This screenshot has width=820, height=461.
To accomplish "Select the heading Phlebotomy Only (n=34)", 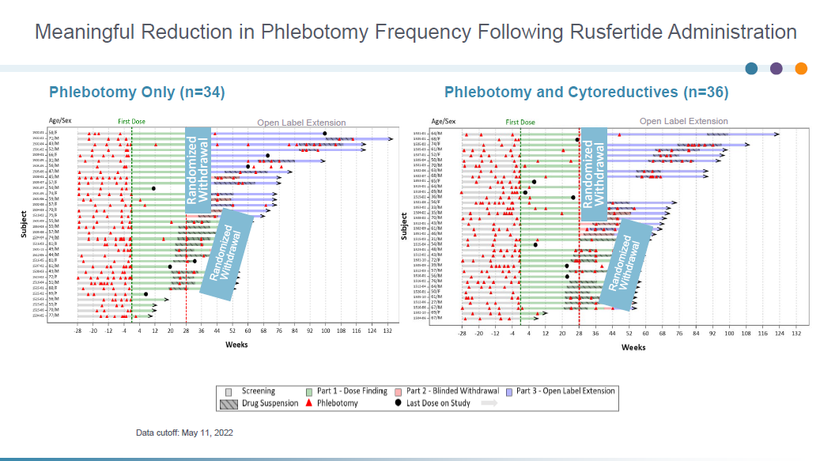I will [x=137, y=92].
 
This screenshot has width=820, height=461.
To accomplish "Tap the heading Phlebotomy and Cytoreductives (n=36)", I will [x=586, y=92].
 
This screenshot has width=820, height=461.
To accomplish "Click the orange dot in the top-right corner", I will [x=801, y=68].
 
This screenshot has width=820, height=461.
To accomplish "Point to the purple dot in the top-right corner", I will [x=776, y=68].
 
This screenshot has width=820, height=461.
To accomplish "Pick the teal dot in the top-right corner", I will [x=751, y=68].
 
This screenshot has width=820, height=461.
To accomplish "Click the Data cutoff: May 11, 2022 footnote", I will [x=184, y=433].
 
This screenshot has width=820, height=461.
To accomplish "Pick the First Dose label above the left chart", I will [x=132, y=122].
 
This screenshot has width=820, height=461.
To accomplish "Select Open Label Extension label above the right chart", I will [x=683, y=121].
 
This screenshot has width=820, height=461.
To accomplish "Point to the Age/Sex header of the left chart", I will [x=59, y=121].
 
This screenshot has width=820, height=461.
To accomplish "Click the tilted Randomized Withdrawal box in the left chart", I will [x=226, y=254].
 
